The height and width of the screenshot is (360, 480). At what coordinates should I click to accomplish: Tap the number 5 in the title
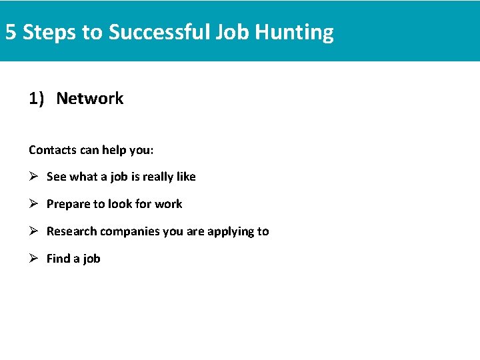tap(11, 32)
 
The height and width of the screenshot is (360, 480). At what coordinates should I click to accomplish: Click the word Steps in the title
tap(49, 32)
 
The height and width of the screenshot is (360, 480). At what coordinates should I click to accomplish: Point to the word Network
tap(90, 99)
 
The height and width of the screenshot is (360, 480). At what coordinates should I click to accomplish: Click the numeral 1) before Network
tap(37, 99)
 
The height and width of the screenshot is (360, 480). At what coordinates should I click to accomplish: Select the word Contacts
tap(53, 150)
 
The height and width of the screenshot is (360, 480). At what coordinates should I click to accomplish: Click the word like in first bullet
tap(186, 177)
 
